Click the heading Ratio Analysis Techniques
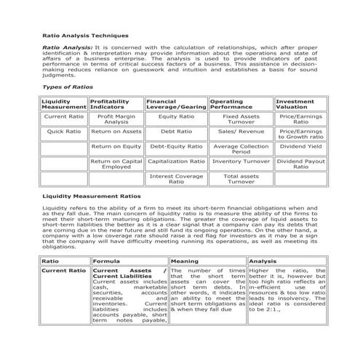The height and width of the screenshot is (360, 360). click(85, 35)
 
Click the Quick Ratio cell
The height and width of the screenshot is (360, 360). click(64, 132)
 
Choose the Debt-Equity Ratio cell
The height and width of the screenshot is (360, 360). click(176, 146)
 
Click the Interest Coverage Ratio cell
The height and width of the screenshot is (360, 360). click(176, 179)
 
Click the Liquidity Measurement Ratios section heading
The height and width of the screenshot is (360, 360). click(92, 196)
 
